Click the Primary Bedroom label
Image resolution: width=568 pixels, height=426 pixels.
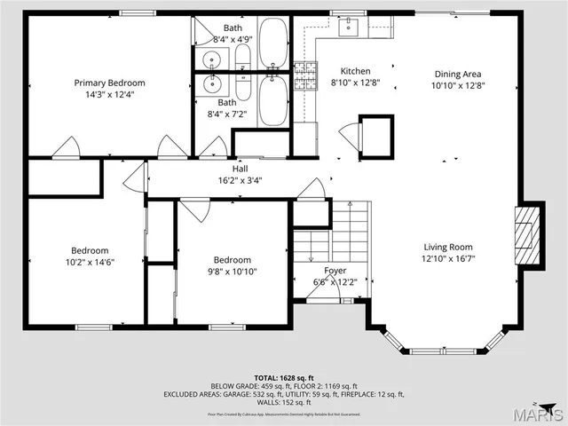(x=109, y=83)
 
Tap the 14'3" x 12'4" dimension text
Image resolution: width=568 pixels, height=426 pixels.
(x=109, y=94)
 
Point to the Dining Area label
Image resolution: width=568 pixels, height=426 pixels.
(x=458, y=75)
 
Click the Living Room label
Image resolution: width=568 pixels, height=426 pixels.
(x=446, y=248)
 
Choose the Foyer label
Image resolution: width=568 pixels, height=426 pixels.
(x=335, y=271)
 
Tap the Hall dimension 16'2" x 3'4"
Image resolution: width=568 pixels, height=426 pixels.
(x=240, y=180)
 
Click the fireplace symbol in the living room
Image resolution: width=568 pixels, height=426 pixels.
(x=526, y=235)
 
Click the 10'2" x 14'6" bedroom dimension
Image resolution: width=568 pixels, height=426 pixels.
(x=91, y=262)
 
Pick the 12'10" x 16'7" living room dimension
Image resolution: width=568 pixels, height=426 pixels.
(x=446, y=259)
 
